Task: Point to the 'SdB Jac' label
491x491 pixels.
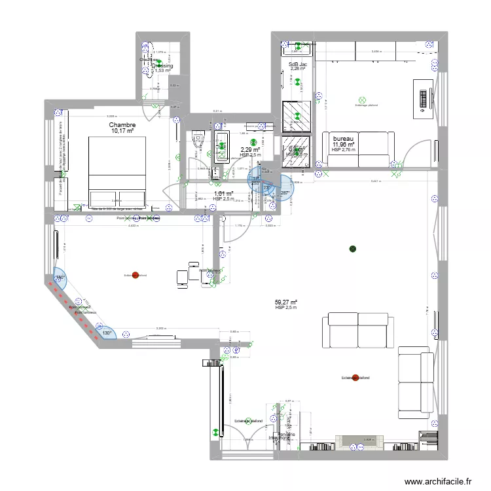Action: click(x=298, y=64)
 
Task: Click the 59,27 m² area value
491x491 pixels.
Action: click(x=286, y=302)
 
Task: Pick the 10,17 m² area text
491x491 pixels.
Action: click(x=122, y=131)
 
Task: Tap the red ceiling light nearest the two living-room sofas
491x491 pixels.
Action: click(x=355, y=378)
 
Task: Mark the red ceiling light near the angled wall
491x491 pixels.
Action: click(x=135, y=275)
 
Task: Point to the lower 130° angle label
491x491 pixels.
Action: click(x=106, y=332)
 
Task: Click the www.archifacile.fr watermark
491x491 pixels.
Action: click(x=438, y=481)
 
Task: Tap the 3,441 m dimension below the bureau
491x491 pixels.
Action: click(x=376, y=181)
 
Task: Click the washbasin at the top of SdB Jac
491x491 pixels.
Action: click(x=298, y=47)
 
